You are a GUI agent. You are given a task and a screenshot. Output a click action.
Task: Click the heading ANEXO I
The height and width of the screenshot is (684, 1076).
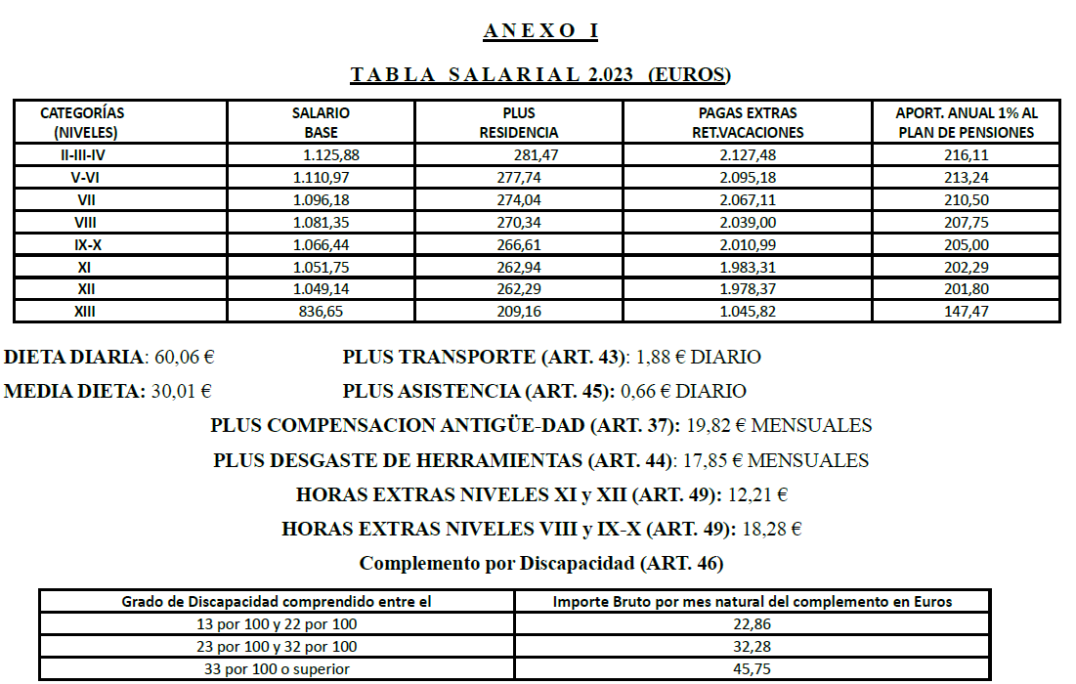[x=539, y=31]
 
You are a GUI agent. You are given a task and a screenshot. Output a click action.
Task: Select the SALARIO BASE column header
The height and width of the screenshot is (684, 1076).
[x=321, y=122]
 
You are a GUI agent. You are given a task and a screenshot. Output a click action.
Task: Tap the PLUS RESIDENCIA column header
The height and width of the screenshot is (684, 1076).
[x=519, y=122]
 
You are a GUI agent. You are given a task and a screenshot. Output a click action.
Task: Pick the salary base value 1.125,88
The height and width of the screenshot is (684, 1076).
[x=331, y=154]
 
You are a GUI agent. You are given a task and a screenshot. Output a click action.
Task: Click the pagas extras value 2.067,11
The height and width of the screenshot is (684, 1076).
[x=747, y=199]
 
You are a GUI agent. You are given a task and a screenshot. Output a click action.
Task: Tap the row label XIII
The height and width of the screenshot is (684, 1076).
[x=84, y=312]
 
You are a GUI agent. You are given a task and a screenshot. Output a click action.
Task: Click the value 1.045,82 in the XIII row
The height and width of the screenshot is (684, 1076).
[x=747, y=312]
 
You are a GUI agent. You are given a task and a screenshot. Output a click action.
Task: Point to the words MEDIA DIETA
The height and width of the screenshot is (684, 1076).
[x=73, y=392]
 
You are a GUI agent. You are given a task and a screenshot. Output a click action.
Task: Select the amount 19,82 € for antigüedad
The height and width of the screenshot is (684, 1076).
[x=714, y=426]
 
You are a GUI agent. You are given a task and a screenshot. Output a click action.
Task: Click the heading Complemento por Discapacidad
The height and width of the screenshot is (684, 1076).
[x=541, y=564]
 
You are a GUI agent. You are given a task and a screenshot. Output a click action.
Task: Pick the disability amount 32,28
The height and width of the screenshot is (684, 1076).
[x=753, y=647]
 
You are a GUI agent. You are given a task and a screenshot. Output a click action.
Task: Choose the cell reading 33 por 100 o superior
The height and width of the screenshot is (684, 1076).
[x=277, y=669]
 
